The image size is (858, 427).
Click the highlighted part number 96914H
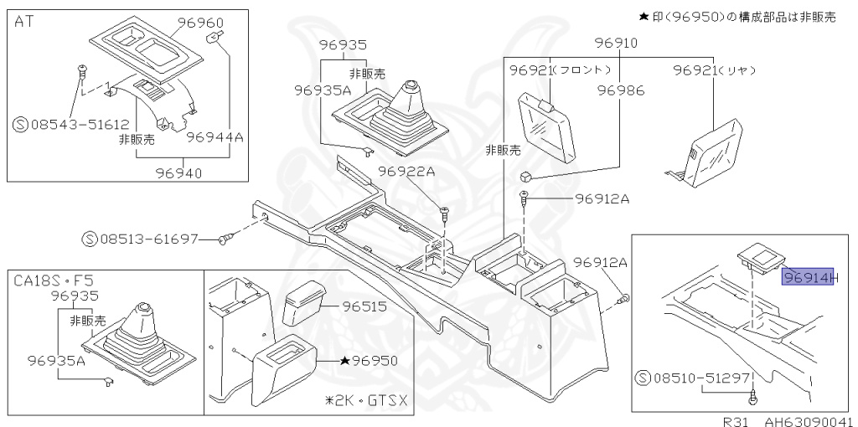[809, 276]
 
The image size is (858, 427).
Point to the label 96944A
[214, 136]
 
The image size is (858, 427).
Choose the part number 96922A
[406, 171]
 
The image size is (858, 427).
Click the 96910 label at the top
[616, 44]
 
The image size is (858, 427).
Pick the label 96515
[364, 306]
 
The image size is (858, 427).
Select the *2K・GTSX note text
[366, 400]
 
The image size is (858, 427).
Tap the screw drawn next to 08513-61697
[224, 240]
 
